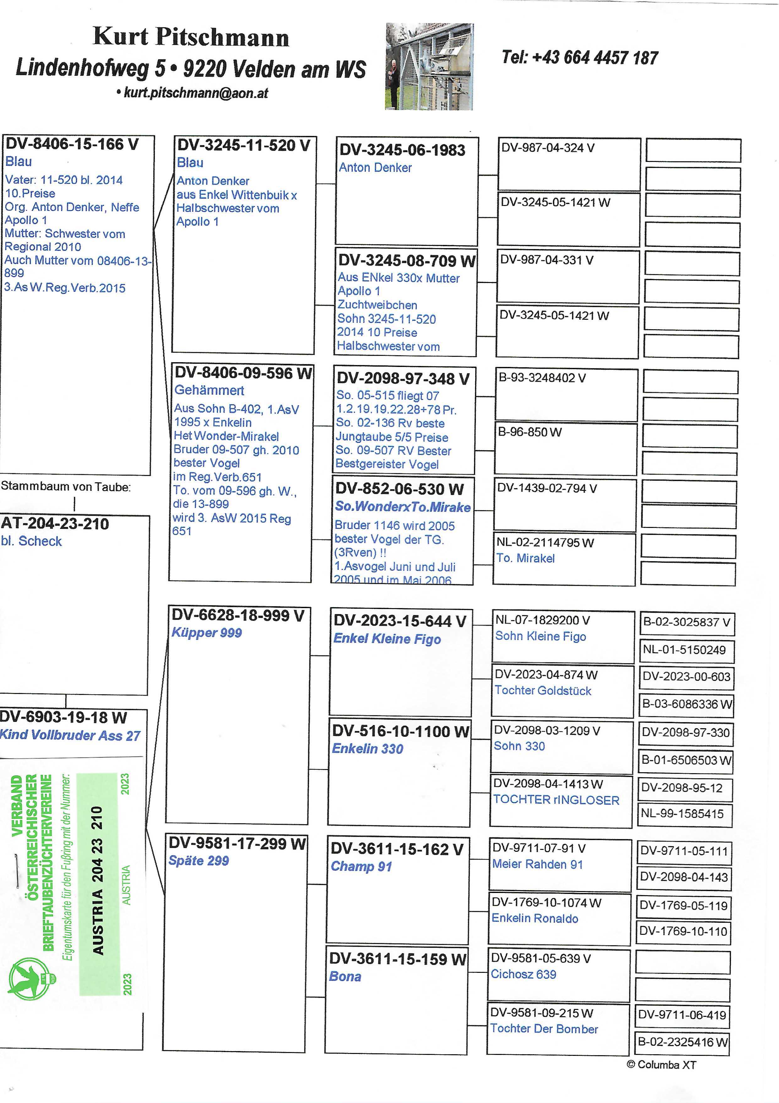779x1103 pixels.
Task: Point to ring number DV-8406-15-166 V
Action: (72, 144)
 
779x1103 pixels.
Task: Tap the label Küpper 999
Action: (206, 633)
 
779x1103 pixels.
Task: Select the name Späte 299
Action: (198, 860)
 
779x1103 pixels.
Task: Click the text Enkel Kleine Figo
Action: (387, 639)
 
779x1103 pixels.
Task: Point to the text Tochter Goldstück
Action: (542, 690)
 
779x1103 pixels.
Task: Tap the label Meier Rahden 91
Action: (537, 864)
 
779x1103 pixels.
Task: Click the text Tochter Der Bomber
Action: (544, 1028)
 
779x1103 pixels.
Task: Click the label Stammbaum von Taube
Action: (66, 487)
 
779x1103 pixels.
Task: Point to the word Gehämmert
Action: (209, 390)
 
